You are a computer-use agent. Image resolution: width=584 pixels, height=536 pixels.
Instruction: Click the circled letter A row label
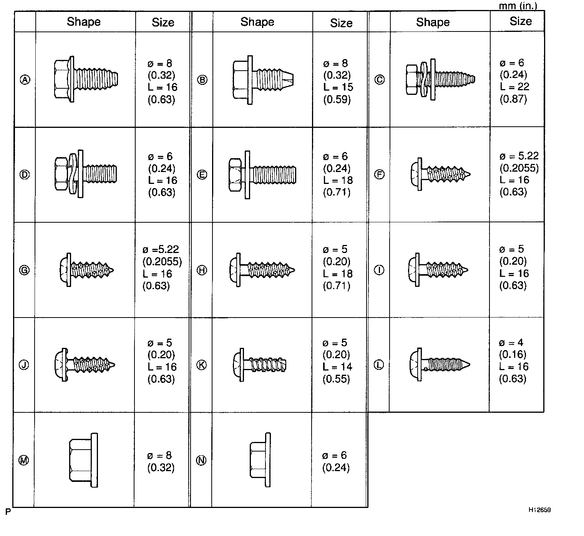click(x=25, y=80)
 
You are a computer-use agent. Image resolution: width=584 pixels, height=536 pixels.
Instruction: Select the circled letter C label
click(x=379, y=80)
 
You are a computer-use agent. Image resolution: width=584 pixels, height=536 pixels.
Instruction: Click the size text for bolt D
click(x=162, y=174)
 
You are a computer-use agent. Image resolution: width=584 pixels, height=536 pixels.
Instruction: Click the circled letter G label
click(x=24, y=270)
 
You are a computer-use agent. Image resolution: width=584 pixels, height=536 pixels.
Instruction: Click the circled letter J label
click(x=24, y=365)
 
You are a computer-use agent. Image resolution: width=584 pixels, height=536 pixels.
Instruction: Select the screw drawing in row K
click(x=260, y=364)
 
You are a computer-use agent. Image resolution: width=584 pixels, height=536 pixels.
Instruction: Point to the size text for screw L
click(x=513, y=361)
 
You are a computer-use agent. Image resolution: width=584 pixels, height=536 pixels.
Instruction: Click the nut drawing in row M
click(x=83, y=460)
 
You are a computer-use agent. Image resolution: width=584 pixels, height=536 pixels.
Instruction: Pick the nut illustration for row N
click(x=260, y=460)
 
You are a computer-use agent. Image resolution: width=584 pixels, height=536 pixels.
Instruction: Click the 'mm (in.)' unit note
click(x=518, y=6)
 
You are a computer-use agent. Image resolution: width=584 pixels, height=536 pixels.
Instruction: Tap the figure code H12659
click(x=539, y=510)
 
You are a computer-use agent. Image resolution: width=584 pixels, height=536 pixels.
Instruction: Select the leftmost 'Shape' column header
click(x=83, y=22)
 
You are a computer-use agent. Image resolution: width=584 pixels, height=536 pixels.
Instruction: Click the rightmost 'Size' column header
click(x=521, y=21)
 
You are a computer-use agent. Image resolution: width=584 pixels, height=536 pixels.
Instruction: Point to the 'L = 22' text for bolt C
click(x=514, y=87)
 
